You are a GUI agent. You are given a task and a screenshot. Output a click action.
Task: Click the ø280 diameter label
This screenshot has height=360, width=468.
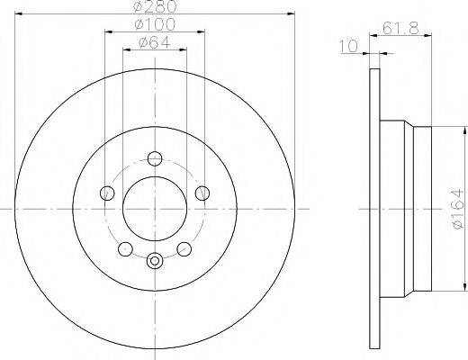[x=155, y=6]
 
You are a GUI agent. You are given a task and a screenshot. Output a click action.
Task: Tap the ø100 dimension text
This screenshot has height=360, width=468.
[x=155, y=24]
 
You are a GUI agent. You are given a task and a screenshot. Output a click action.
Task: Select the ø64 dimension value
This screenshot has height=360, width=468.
[x=155, y=42]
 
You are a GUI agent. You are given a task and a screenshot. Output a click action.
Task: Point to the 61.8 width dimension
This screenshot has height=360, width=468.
[x=400, y=29]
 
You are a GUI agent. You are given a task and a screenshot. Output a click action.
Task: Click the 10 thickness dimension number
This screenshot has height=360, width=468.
[x=348, y=46]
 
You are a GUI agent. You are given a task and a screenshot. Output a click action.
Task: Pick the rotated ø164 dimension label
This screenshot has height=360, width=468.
[x=457, y=209]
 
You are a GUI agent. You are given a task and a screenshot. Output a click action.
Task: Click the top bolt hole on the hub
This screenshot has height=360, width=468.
[x=155, y=158]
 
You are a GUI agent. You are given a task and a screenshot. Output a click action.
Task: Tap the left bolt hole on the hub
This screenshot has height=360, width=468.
[x=107, y=193]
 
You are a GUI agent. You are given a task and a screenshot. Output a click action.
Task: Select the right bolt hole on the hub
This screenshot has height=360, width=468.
[x=202, y=193]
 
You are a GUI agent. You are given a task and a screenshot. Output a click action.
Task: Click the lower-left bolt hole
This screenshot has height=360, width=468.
[x=125, y=248]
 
